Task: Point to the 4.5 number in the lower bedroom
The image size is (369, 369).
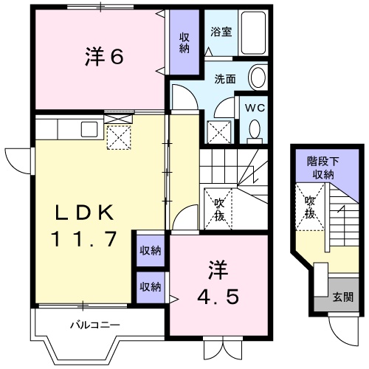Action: (x=218, y=297)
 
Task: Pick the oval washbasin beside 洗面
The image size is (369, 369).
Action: (x=258, y=77)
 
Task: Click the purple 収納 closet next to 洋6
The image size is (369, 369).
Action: (x=183, y=42)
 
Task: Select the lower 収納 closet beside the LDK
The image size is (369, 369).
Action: (x=151, y=286)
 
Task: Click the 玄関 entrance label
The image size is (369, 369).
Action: (x=342, y=297)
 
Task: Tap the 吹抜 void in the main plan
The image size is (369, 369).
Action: (x=219, y=209)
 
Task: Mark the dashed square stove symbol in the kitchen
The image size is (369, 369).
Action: (x=118, y=137)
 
